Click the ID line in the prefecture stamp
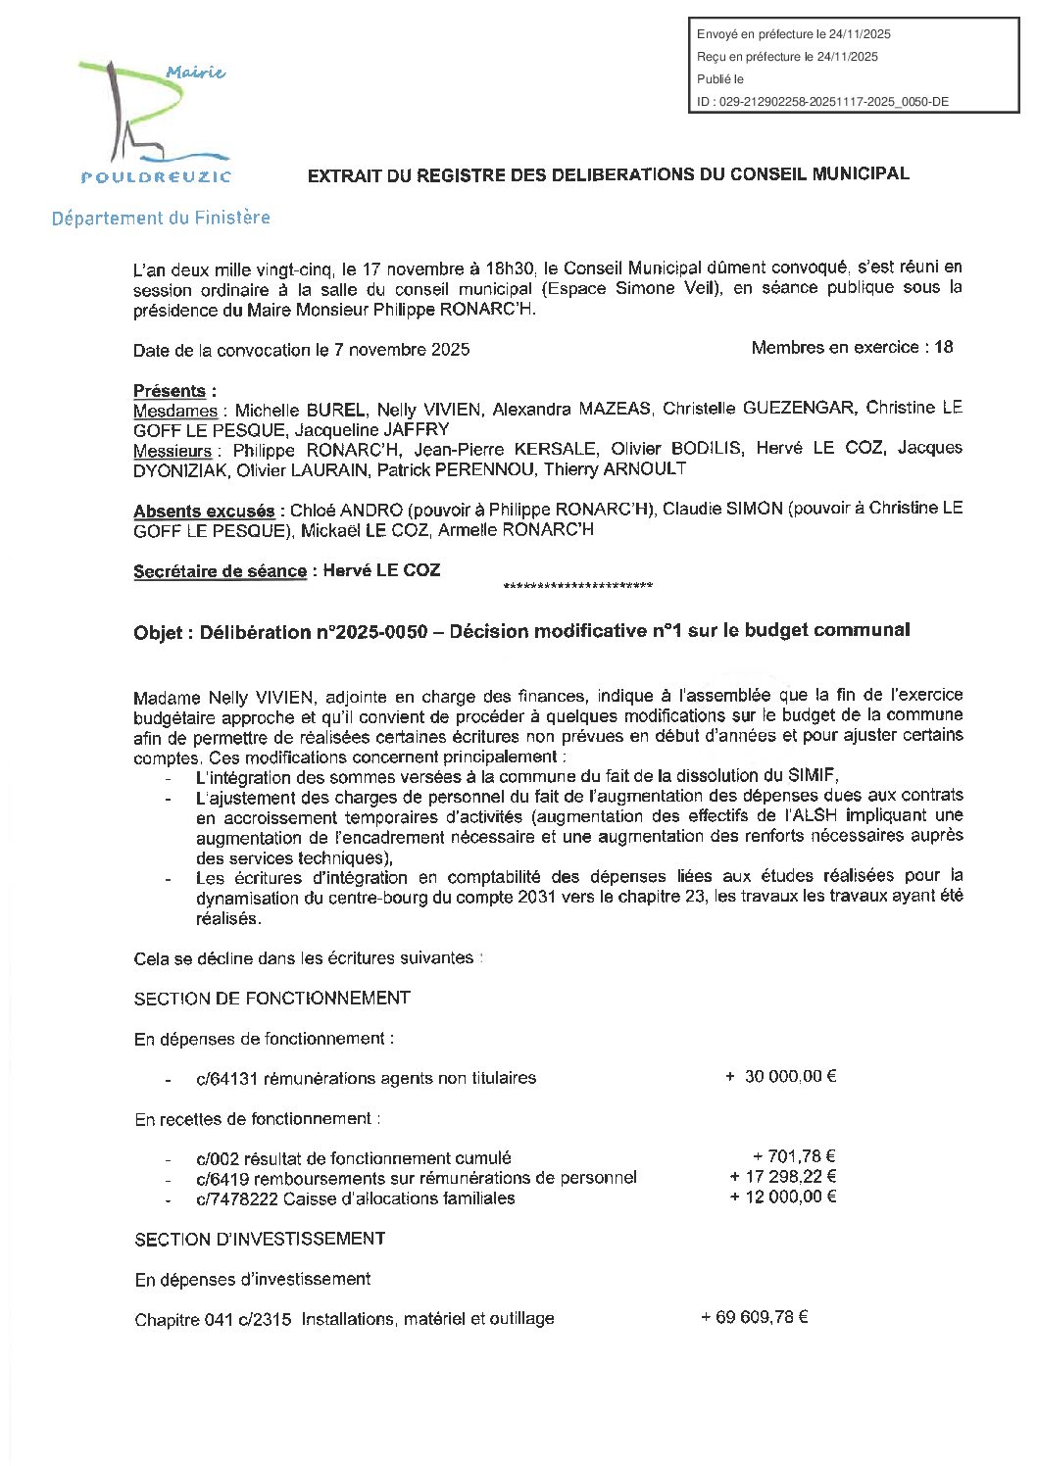[821, 102]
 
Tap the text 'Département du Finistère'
[161, 219]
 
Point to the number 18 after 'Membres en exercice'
[944, 347]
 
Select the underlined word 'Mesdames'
[175, 411]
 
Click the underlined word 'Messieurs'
[173, 451]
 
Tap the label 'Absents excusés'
[204, 512]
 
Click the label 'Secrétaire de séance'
[220, 571]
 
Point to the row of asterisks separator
[577, 587]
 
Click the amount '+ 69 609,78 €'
[754, 1318]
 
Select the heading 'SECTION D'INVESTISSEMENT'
[260, 1240]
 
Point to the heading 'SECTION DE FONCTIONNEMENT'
[272, 999]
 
